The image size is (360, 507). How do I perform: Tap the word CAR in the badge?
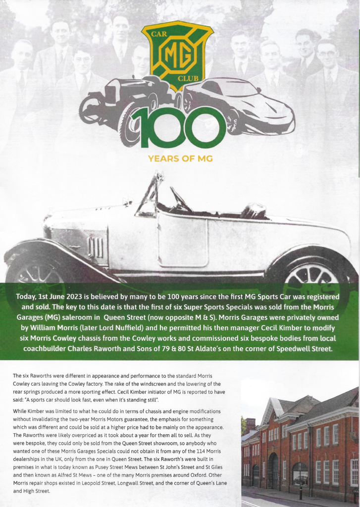click(x=157, y=36)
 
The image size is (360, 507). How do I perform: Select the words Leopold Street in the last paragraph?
click(x=105, y=484)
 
